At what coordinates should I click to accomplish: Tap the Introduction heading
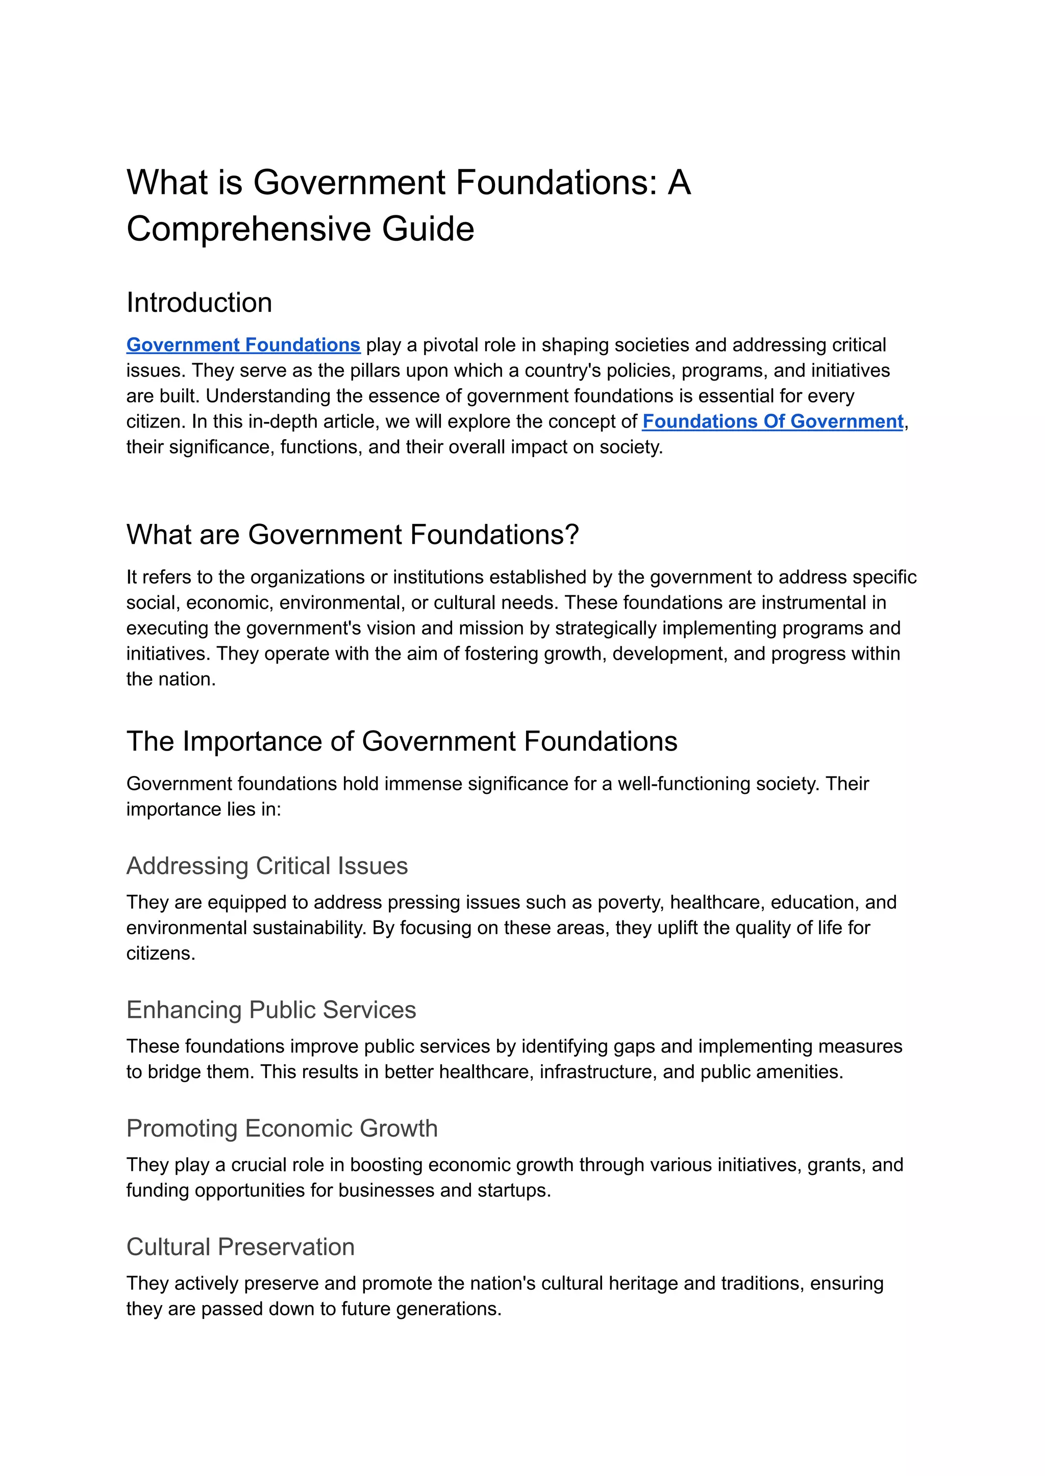pos(199,303)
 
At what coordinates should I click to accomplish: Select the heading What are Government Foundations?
pos(353,535)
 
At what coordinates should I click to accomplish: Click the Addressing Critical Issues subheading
pos(266,866)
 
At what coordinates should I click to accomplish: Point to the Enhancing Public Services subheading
pos(271,1010)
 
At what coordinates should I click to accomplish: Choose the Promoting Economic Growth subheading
pos(282,1129)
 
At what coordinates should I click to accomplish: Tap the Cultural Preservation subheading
pos(240,1247)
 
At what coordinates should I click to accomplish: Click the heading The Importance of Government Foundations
pos(402,741)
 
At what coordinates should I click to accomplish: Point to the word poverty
pos(629,903)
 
